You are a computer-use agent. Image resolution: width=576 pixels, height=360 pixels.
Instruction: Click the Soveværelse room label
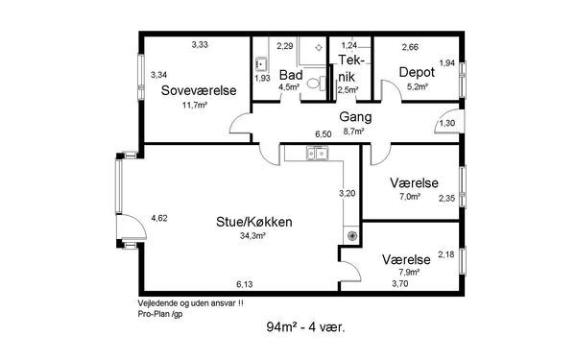pos(199,90)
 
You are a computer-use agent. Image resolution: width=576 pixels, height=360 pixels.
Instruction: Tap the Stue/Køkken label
pos(254,222)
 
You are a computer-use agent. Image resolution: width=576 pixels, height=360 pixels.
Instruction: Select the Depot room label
pos(417,72)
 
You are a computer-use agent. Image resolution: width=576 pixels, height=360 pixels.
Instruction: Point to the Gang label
pos(355,117)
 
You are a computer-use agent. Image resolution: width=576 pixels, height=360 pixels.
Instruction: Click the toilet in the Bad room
pos(316,84)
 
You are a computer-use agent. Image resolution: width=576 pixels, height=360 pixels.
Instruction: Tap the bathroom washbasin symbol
pos(261,65)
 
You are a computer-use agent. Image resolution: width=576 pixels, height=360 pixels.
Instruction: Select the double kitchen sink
pos(318,153)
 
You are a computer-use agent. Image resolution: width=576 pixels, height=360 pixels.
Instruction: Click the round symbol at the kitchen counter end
pos(351,236)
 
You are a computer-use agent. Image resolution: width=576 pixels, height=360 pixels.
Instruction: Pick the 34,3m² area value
pos(252,236)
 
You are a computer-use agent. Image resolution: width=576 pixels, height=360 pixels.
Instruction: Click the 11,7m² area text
pos(195,105)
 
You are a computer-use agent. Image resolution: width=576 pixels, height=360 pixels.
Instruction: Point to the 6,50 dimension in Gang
pos(324,134)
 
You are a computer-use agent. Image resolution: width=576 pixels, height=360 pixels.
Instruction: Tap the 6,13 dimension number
pos(245,284)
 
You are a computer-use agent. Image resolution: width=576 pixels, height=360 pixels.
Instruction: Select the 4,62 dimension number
pos(159,218)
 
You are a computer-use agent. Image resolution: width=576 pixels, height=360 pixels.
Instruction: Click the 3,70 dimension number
pos(400,283)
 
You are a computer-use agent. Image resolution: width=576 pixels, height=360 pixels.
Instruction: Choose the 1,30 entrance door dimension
pos(447,123)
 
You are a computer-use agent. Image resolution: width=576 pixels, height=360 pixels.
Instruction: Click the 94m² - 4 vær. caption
pos(305,326)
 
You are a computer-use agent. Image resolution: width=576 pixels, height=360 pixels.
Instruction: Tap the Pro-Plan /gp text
pos(160,314)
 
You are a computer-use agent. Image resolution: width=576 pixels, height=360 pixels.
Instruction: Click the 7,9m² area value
pos(410,273)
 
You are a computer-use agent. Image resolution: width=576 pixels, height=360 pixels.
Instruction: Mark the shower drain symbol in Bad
pos(319,47)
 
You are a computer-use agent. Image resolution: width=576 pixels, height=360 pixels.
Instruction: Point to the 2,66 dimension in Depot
pos(410,47)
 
